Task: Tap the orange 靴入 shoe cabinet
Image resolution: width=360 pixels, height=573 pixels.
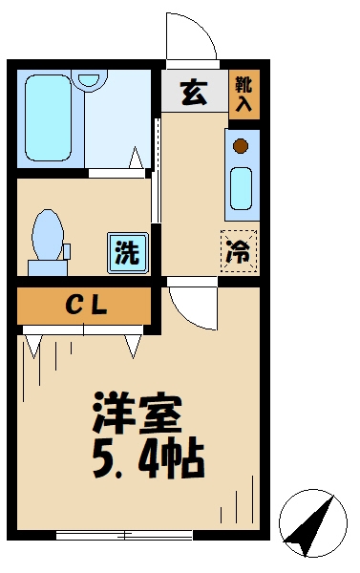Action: click(244, 93)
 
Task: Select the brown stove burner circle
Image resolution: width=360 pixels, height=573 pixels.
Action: click(242, 145)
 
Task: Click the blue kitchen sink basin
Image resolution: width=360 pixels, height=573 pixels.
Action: click(242, 188)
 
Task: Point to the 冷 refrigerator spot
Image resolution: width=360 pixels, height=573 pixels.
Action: click(240, 252)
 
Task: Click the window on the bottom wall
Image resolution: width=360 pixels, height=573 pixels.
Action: click(110, 533)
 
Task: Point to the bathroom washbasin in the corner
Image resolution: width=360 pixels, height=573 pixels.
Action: click(91, 80)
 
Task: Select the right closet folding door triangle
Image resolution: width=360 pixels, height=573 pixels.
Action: click(132, 343)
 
